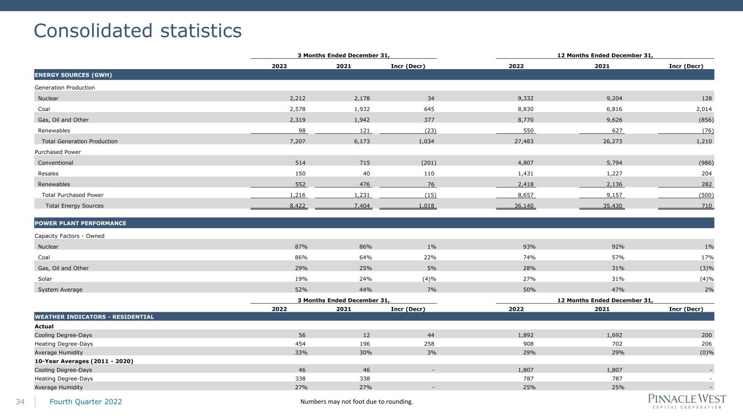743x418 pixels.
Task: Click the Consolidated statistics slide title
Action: click(x=138, y=31)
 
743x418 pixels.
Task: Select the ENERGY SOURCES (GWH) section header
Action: click(x=73, y=75)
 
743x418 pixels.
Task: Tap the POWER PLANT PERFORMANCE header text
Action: click(x=81, y=223)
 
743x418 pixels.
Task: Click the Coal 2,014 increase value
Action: click(x=704, y=109)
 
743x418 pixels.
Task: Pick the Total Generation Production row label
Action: click(x=79, y=142)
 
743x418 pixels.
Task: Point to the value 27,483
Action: click(x=524, y=142)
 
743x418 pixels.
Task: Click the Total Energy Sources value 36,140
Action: click(x=524, y=206)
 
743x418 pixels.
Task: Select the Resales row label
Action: click(x=48, y=174)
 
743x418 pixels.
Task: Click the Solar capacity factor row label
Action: click(x=45, y=279)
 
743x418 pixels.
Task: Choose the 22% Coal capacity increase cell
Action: click(x=430, y=257)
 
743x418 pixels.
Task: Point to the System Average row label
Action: click(x=60, y=290)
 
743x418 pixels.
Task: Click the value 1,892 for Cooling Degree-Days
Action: click(x=526, y=335)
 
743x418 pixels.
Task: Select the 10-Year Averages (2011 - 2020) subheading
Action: click(x=84, y=361)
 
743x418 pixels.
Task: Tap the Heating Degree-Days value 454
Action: click(x=300, y=344)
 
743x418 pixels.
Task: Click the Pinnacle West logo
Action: click(x=687, y=402)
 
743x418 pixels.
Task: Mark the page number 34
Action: click(x=20, y=402)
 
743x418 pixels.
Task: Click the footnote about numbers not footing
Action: click(x=357, y=402)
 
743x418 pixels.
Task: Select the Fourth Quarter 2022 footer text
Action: click(x=86, y=402)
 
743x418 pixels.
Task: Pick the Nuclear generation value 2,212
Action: click(x=297, y=99)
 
